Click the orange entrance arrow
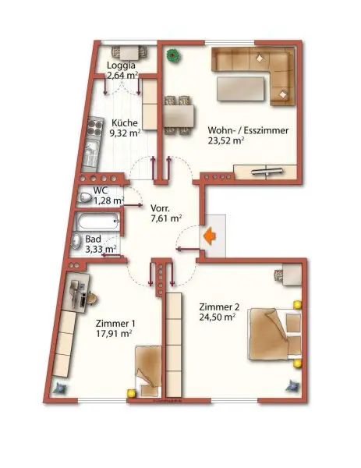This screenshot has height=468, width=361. (209, 235)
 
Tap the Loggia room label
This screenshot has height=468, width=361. (122, 66)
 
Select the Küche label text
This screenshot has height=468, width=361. (125, 122)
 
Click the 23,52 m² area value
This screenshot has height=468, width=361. (227, 141)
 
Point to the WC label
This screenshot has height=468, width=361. (101, 190)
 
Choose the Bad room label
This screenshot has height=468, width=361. (94, 239)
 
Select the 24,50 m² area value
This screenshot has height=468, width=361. (218, 317)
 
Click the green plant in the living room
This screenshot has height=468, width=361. (172, 56)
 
